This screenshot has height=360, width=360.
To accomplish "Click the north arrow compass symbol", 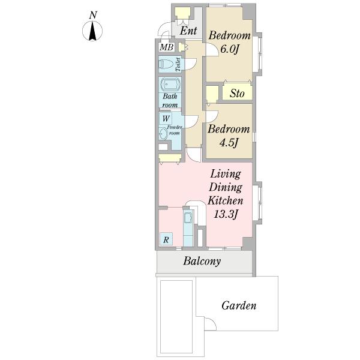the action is [92, 31].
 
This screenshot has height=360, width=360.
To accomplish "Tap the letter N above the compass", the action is [93, 15].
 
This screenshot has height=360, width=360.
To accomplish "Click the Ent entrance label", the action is [188, 31].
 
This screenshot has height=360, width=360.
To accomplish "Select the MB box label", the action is [166, 47].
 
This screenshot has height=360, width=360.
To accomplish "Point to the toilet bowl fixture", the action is [166, 64].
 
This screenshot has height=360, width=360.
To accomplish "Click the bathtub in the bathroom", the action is [170, 84].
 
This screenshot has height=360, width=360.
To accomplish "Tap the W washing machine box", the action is [166, 118].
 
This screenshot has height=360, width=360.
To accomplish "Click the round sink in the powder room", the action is [163, 134].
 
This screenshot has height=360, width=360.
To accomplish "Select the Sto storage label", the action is [237, 93].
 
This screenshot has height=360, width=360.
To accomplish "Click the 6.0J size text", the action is [230, 49].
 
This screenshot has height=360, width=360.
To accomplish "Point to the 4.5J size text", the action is [228, 143].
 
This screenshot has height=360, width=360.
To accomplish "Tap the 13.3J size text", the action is [225, 214].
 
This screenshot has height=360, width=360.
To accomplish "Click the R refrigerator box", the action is [166, 239].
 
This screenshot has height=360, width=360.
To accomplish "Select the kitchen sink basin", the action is [188, 217].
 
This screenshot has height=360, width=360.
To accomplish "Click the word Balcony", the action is [202, 261].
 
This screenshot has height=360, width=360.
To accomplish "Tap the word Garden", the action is [239, 305].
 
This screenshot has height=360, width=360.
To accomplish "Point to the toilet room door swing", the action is [191, 65].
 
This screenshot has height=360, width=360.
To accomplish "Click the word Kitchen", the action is [225, 200].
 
